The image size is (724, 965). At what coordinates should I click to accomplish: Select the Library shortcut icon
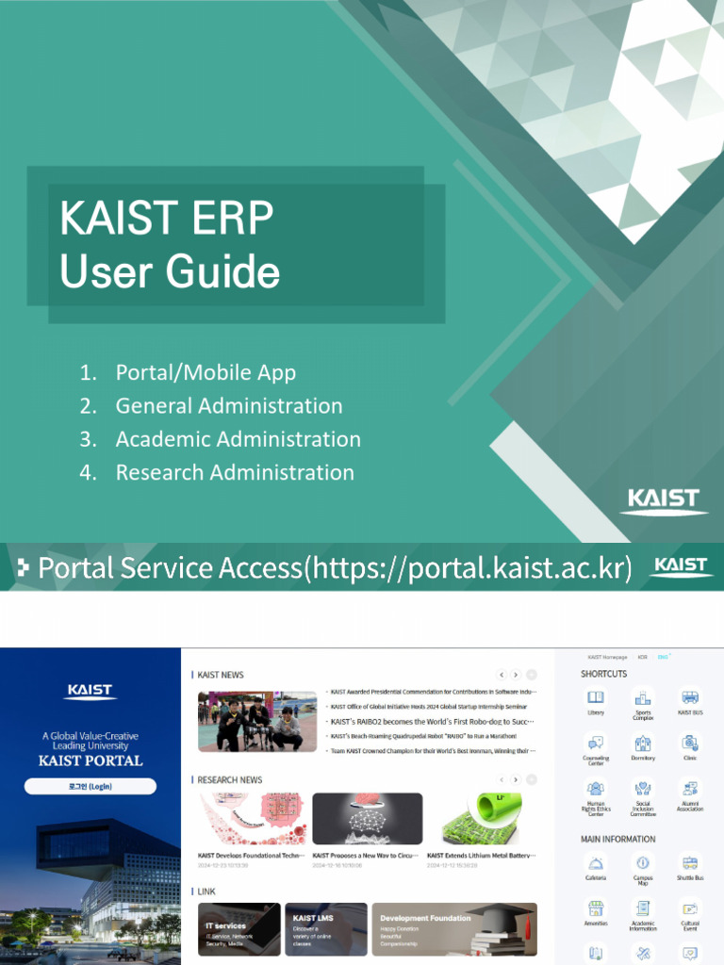point(595,698)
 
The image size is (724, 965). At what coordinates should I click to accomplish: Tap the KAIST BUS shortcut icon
point(690,698)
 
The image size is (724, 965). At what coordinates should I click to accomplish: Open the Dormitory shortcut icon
point(643,743)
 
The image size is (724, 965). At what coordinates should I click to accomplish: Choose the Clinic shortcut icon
point(690,743)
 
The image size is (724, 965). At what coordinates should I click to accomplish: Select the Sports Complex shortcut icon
point(643,698)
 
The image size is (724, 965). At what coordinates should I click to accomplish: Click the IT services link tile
point(239,929)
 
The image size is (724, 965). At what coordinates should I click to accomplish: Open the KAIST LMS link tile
point(325,929)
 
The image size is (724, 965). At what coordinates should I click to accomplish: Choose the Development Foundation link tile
point(453,929)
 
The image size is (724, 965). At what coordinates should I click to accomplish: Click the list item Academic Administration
point(238,439)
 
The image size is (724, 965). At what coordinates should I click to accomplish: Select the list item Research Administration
point(235,472)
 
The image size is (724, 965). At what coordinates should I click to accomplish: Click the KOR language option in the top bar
point(642,657)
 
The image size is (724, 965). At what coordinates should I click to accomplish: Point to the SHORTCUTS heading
point(603,674)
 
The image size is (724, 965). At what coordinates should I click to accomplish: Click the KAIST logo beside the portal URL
point(680,566)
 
